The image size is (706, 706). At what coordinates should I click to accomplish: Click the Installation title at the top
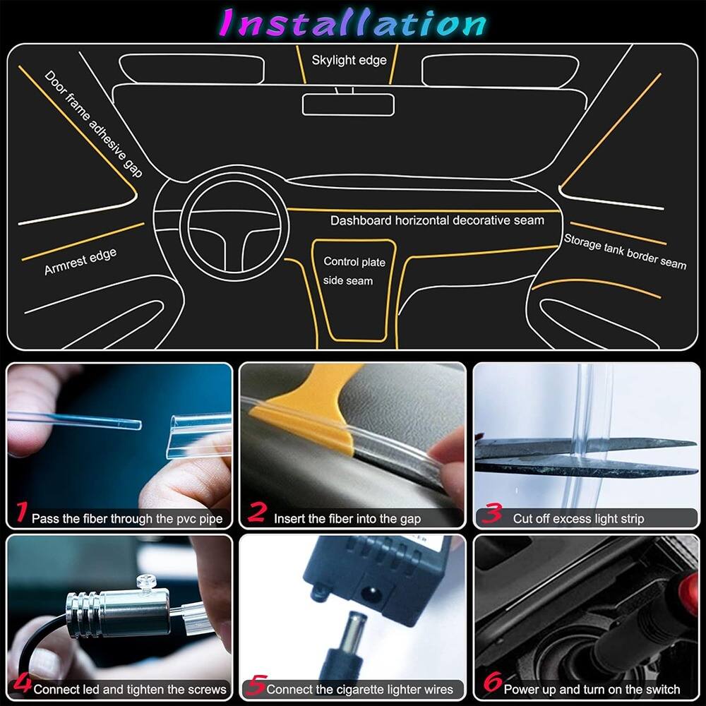pos(353,23)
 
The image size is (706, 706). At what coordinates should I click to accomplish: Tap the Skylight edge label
pos(349,60)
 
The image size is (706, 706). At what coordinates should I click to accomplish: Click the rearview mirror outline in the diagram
pos(348,104)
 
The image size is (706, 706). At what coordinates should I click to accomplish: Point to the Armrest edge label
pos(80,262)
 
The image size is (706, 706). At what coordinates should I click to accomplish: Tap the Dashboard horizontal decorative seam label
pos(437,220)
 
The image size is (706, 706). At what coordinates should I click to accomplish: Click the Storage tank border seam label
pos(625,251)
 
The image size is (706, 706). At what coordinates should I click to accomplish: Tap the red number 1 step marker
pos(22,513)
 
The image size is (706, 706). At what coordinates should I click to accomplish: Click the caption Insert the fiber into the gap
pos(347,519)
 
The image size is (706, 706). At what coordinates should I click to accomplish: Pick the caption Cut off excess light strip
pos(578,519)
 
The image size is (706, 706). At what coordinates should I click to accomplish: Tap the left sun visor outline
pos(191,68)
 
